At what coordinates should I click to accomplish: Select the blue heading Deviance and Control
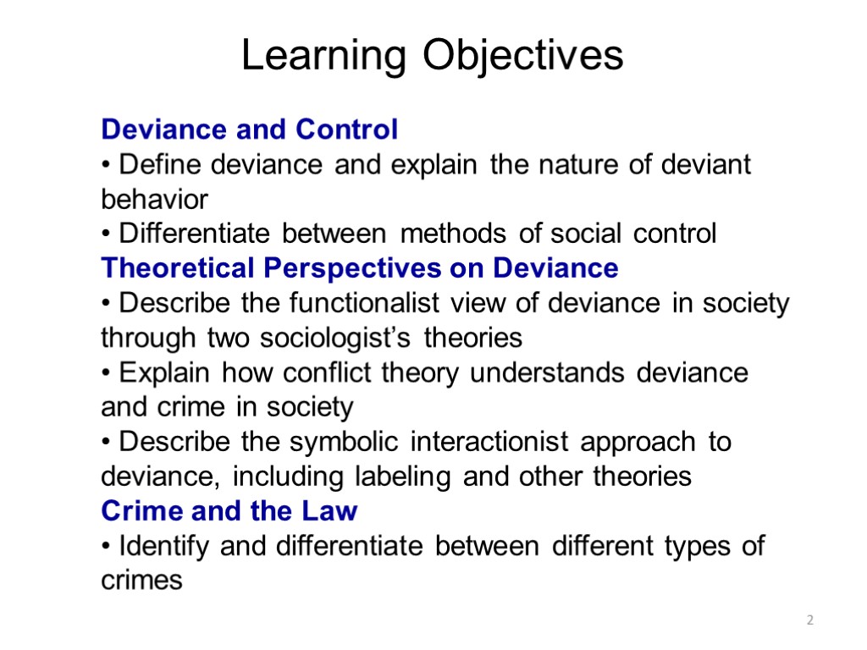tap(249, 129)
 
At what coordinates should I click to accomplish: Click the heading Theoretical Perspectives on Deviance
tap(360, 268)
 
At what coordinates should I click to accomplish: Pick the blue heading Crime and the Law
tap(229, 511)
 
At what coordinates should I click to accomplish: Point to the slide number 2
tap(809, 621)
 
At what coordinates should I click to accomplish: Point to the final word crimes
tap(141, 581)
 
